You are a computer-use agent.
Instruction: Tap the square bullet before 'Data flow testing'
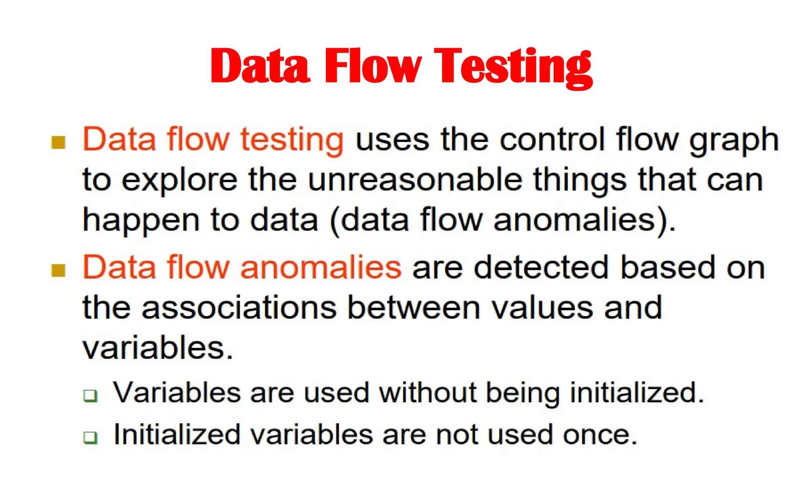pyautogui.click(x=58, y=143)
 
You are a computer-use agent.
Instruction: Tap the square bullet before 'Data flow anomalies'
pyautogui.click(x=58, y=270)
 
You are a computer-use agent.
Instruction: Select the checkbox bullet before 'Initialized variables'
pyautogui.click(x=90, y=437)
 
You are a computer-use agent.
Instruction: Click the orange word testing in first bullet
pyautogui.click(x=292, y=140)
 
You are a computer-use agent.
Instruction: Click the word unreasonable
pyautogui.click(x=415, y=180)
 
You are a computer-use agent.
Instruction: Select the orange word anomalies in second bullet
pyautogui.click(x=321, y=267)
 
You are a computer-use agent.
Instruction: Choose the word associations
pyautogui.click(x=239, y=307)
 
